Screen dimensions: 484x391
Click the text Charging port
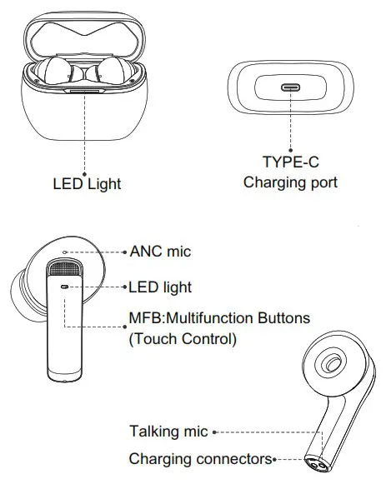290,182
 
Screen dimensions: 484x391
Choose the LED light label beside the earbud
160,287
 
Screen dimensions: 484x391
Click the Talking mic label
168,432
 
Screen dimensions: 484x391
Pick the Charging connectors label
201,459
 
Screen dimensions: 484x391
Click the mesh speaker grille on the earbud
66,271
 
